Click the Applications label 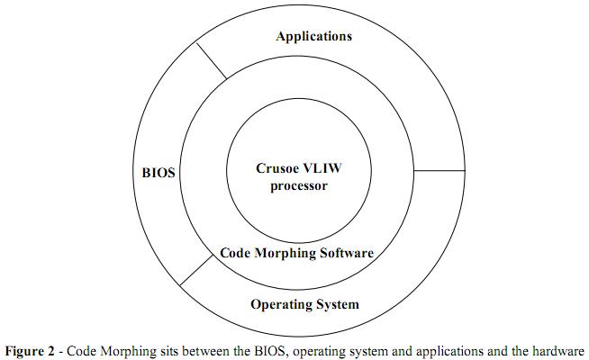click(x=313, y=37)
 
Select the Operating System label click(x=304, y=304)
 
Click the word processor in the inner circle click(x=297, y=186)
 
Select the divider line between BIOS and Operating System click(x=196, y=270)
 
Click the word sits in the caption click(x=205, y=349)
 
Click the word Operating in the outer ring click(x=280, y=304)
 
